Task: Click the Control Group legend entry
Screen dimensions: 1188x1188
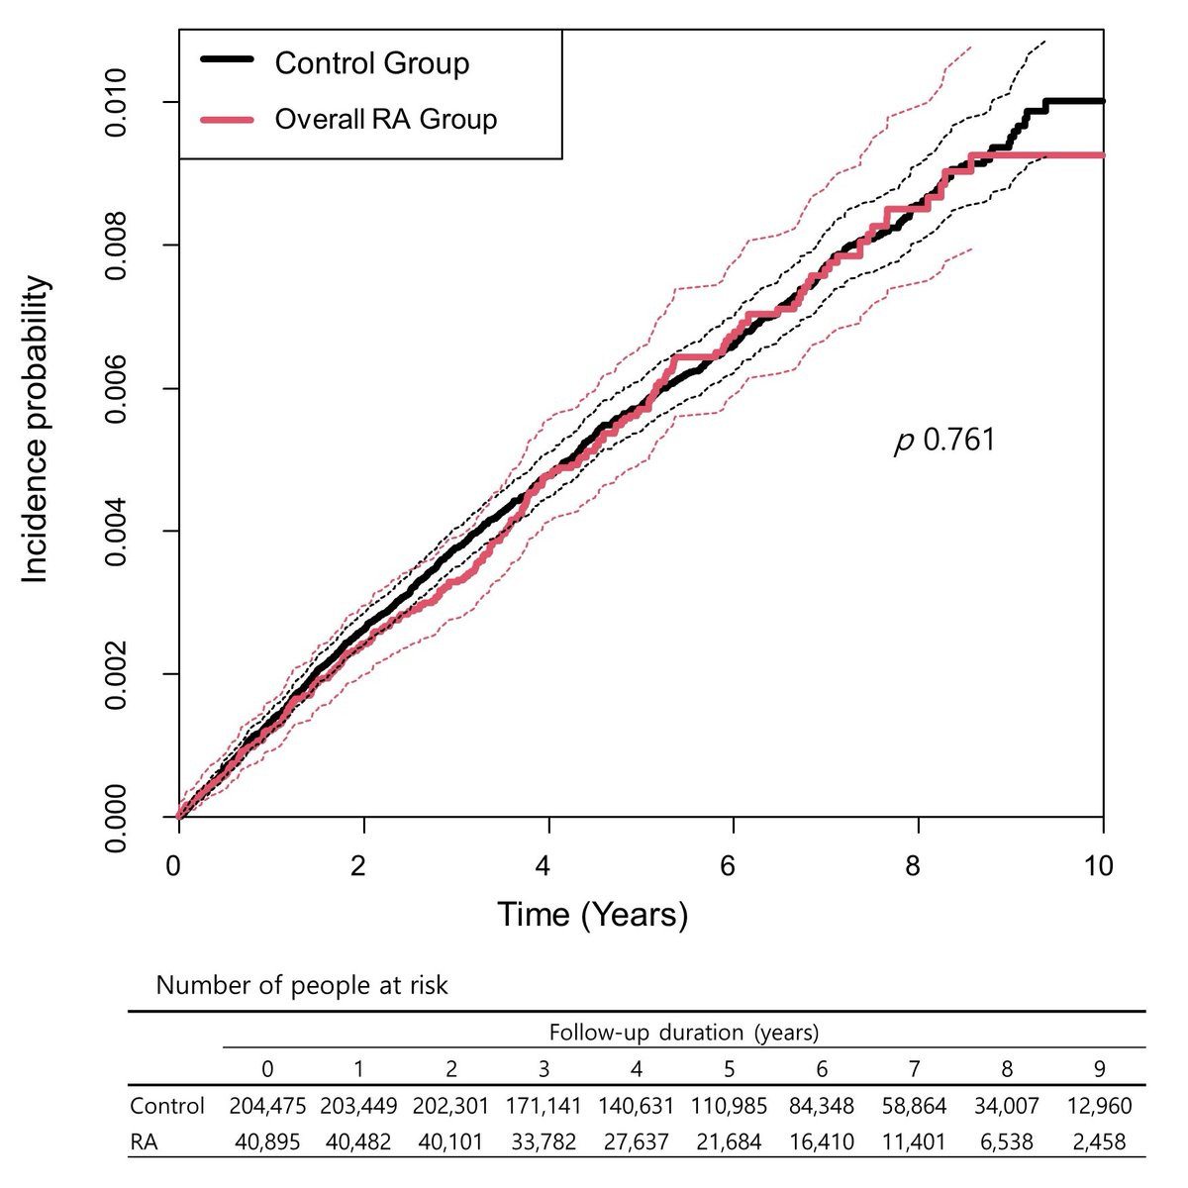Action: (x=371, y=63)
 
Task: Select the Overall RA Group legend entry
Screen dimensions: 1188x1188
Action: (x=385, y=120)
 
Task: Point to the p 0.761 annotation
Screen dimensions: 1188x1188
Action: (x=944, y=441)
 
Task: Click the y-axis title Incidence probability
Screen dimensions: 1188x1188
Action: (x=36, y=431)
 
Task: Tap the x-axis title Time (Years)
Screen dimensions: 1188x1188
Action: (x=592, y=913)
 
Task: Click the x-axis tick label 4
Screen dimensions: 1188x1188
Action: (x=543, y=866)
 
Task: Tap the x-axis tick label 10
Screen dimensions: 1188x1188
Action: (x=1098, y=866)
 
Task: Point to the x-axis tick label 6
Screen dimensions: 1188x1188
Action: (x=728, y=866)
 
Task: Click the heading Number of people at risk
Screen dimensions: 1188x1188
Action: (x=302, y=986)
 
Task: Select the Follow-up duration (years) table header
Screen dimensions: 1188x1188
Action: (x=684, y=1033)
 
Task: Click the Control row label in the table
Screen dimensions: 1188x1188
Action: (x=167, y=1105)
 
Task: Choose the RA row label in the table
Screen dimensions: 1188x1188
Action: (x=144, y=1141)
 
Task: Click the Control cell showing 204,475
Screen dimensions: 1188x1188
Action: (x=267, y=1105)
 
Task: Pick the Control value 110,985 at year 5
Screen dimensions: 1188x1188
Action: (x=729, y=1105)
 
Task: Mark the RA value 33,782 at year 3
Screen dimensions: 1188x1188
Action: (x=544, y=1141)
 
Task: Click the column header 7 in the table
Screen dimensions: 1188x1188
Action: (x=914, y=1069)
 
